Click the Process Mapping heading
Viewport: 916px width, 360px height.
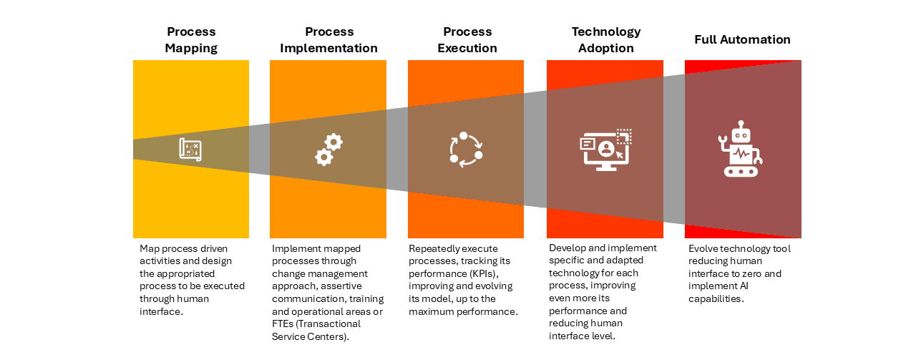click(x=191, y=40)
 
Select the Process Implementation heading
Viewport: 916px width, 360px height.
click(x=329, y=40)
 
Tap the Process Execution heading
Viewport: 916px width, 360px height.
click(x=468, y=40)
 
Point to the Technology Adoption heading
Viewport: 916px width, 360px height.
click(x=605, y=40)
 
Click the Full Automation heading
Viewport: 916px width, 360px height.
click(x=742, y=40)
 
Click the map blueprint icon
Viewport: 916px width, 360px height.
click(x=190, y=150)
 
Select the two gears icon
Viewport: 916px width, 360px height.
click(x=329, y=150)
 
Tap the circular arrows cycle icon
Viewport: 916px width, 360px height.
click(x=466, y=150)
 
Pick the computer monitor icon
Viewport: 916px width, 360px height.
click(x=605, y=150)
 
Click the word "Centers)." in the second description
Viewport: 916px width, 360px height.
click(x=328, y=336)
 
